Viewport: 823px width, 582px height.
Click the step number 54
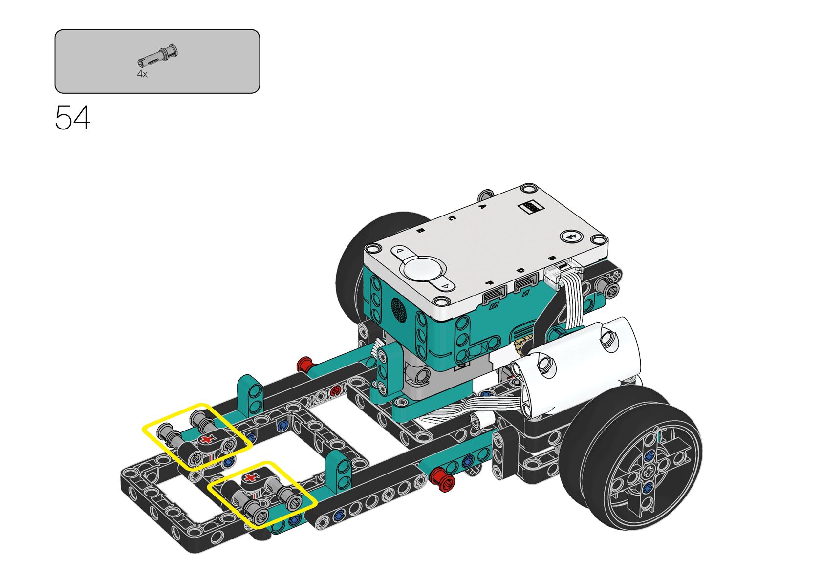click(72, 118)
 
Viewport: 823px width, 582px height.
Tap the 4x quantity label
click(142, 74)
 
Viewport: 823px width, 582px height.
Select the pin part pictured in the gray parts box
click(157, 57)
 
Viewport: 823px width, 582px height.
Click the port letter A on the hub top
click(483, 206)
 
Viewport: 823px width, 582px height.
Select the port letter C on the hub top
click(452, 218)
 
